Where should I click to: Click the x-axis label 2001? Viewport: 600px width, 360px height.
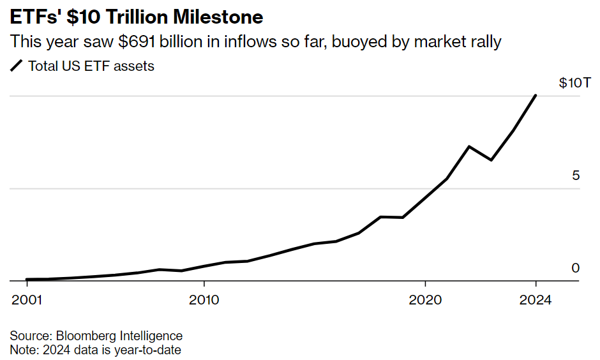(26, 300)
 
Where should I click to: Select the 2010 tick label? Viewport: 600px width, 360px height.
(204, 300)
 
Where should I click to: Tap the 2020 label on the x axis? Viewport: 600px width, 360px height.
(425, 300)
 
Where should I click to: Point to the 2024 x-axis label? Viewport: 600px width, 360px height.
(536, 300)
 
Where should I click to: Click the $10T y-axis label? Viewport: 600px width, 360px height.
(569, 83)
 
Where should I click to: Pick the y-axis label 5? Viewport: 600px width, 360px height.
(576, 176)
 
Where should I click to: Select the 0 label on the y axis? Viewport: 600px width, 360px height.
(576, 268)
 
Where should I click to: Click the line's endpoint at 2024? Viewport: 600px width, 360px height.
(536, 96)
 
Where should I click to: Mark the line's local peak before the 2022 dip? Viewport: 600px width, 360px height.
(469, 147)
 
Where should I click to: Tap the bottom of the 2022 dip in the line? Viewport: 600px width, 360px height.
(491, 160)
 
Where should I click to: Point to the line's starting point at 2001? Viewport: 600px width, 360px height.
(26, 280)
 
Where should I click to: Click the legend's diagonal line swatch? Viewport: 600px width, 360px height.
(17, 66)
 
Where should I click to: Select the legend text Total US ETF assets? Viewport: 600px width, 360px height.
(91, 66)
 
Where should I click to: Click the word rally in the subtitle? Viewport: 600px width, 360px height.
(484, 42)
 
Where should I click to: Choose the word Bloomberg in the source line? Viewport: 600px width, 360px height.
(82, 336)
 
